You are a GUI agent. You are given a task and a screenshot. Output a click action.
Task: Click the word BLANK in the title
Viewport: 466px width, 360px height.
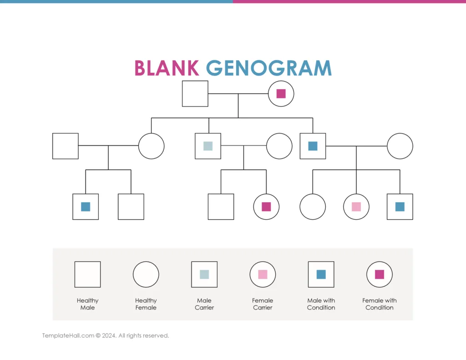pos(166,68)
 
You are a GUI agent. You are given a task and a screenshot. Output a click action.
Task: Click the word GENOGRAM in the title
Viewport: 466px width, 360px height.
pos(268,68)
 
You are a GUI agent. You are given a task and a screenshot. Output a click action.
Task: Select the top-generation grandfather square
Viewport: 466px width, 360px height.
pos(195,94)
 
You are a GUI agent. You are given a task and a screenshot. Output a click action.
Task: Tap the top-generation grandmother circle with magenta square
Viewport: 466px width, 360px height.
pos(281,94)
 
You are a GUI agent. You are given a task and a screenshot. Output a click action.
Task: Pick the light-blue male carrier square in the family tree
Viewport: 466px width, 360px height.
pos(208,146)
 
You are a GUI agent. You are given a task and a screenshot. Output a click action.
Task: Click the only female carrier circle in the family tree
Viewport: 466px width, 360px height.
pos(356,207)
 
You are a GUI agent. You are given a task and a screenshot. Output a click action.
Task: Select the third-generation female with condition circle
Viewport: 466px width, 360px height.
pos(266,207)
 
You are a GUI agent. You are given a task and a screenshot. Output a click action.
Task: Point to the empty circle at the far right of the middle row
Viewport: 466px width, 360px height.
pos(400,146)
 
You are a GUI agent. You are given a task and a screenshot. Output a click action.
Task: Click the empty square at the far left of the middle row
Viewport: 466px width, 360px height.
pos(66,146)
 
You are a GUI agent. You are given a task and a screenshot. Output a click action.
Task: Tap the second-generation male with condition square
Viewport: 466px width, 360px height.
pos(313,146)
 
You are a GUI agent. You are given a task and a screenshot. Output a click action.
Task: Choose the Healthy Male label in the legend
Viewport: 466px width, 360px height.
pos(87,304)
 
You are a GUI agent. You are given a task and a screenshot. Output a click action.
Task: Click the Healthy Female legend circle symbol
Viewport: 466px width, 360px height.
pos(146,274)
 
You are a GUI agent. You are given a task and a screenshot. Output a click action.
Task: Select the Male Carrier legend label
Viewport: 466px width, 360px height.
pos(204,304)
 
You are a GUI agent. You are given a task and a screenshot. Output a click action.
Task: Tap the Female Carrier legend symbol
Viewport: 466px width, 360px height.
pos(263,274)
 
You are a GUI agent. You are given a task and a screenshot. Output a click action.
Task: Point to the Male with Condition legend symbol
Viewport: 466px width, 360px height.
pos(321,274)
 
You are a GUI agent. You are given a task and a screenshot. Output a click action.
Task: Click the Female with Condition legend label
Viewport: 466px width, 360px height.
pos(380,304)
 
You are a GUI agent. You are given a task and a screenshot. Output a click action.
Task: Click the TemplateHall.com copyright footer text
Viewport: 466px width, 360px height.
pos(106,336)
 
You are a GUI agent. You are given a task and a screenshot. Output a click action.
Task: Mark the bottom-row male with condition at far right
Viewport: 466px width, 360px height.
pos(400,207)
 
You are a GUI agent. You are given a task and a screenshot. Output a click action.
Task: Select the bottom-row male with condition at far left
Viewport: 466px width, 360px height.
pos(86,207)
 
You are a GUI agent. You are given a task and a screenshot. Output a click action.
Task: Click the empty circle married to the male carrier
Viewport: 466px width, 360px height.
pos(279,146)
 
